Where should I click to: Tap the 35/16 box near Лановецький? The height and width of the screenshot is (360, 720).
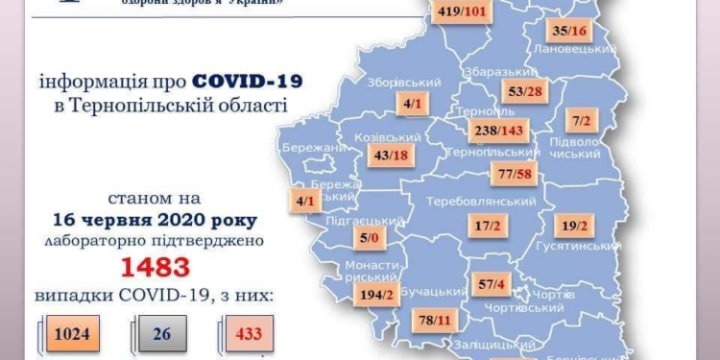point(569,31)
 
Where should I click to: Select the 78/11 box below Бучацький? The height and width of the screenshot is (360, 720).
point(430,320)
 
